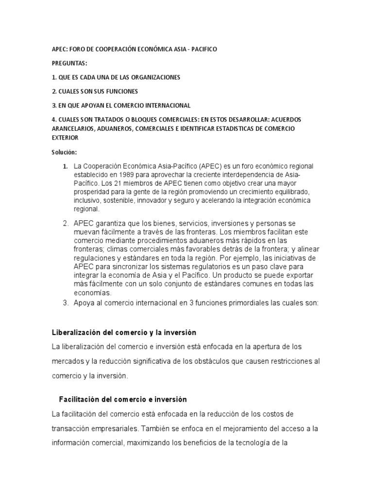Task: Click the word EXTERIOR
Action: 65,138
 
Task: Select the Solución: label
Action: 65,152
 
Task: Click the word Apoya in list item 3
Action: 84,303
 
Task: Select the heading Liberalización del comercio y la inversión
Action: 124,333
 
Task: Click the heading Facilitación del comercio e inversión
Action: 123,399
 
